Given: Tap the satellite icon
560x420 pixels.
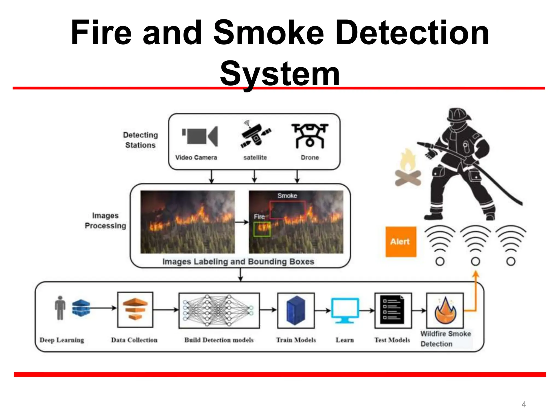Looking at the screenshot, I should [255, 136].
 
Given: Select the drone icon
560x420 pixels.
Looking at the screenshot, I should [310, 136].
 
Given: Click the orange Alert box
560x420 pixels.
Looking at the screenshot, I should [401, 242].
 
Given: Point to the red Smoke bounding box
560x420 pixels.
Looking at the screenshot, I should [287, 210].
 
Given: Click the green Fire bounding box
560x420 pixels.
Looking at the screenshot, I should [262, 229].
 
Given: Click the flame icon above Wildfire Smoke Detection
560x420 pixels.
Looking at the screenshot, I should [445, 311].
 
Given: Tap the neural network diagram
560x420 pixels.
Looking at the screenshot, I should [219, 310].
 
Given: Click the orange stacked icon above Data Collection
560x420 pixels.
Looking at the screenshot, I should [135, 309].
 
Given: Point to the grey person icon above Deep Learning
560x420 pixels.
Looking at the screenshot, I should [60, 308].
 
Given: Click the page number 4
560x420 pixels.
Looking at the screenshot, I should [524, 404].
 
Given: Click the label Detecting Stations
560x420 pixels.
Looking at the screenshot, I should [140, 140].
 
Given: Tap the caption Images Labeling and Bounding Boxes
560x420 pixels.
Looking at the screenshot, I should [238, 262].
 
